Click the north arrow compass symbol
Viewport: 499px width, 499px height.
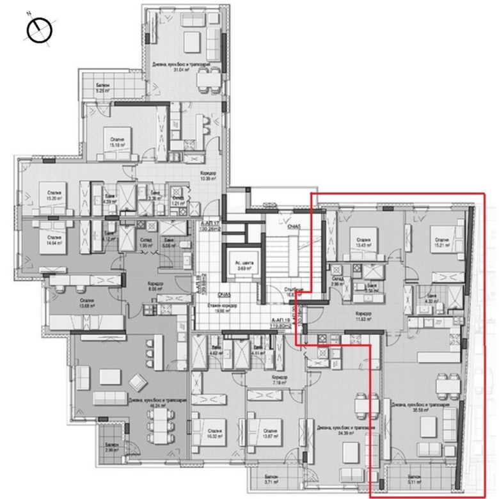(39, 30)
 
